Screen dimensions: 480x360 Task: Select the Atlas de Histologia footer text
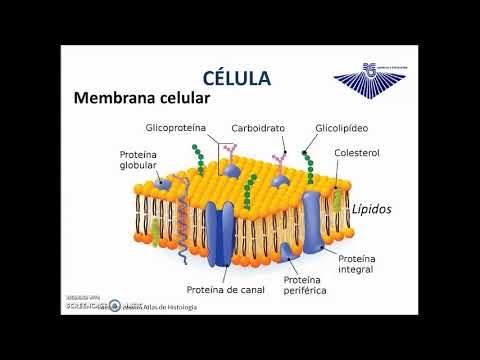click(x=165, y=306)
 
